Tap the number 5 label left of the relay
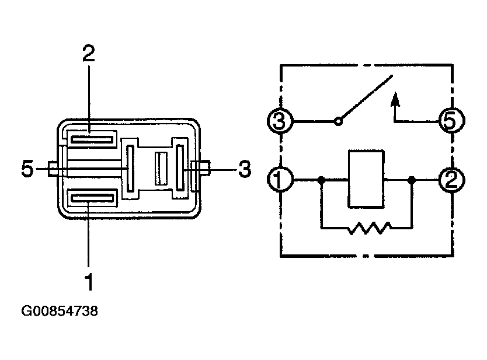[x=27, y=169]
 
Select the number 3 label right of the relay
[x=245, y=169]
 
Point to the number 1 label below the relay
[x=89, y=282]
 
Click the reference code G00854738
[x=60, y=310]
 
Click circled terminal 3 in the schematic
[x=280, y=121]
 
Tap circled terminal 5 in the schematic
[x=451, y=120]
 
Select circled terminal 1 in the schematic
[x=280, y=179]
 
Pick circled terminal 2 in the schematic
[x=451, y=180]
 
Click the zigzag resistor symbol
[x=369, y=228]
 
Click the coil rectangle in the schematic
[x=366, y=179]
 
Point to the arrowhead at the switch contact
[x=395, y=99]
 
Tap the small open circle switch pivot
[x=338, y=121]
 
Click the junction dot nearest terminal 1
[x=321, y=180]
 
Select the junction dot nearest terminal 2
[x=412, y=180]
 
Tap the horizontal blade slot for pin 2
[x=92, y=139]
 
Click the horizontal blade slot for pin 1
[x=92, y=198]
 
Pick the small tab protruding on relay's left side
[x=53, y=169]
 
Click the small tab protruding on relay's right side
[x=205, y=168]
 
